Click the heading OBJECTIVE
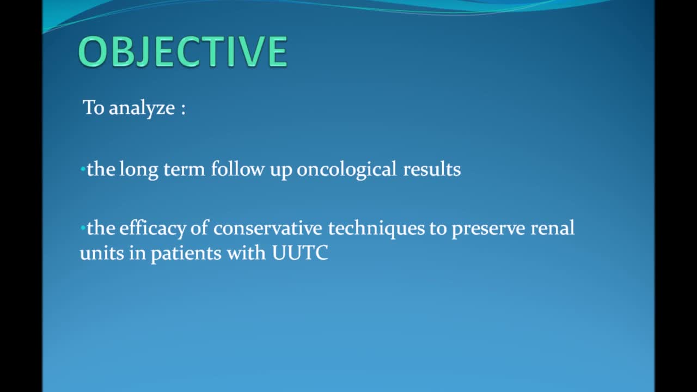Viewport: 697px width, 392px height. pos(182,52)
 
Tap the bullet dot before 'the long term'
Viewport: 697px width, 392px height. pos(82,170)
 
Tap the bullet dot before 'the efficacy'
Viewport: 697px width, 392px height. pos(82,229)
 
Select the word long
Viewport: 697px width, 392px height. pos(138,170)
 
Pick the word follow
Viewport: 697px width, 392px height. pos(237,169)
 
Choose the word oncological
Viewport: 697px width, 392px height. pos(347,170)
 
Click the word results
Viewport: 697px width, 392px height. pos(432,170)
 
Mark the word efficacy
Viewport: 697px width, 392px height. pos(152,229)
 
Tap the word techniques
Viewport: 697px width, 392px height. pos(376,229)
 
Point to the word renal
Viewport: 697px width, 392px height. pos(552,228)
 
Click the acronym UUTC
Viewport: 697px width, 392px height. pos(300,254)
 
